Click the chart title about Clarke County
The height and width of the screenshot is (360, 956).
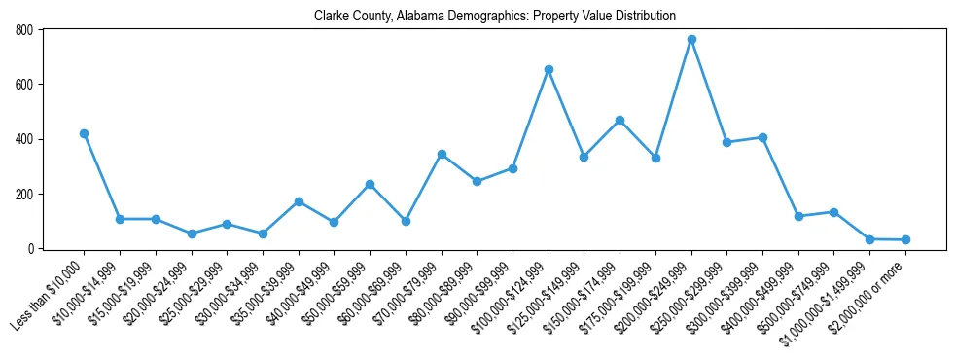pos(495,17)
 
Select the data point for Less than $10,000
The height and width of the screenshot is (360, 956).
pos(84,133)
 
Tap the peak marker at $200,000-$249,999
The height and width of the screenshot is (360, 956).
pos(691,39)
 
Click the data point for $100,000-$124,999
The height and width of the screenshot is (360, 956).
pos(549,69)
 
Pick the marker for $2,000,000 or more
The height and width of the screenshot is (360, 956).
pos(905,239)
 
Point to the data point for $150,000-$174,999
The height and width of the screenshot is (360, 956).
pos(620,120)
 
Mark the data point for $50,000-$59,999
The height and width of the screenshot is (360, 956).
pos(370,184)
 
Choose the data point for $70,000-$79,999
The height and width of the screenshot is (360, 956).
pos(442,154)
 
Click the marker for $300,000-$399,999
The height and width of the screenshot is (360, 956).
pos(762,137)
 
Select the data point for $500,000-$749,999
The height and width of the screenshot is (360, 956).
pos(833,212)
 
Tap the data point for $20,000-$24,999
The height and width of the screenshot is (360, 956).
pos(192,234)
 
